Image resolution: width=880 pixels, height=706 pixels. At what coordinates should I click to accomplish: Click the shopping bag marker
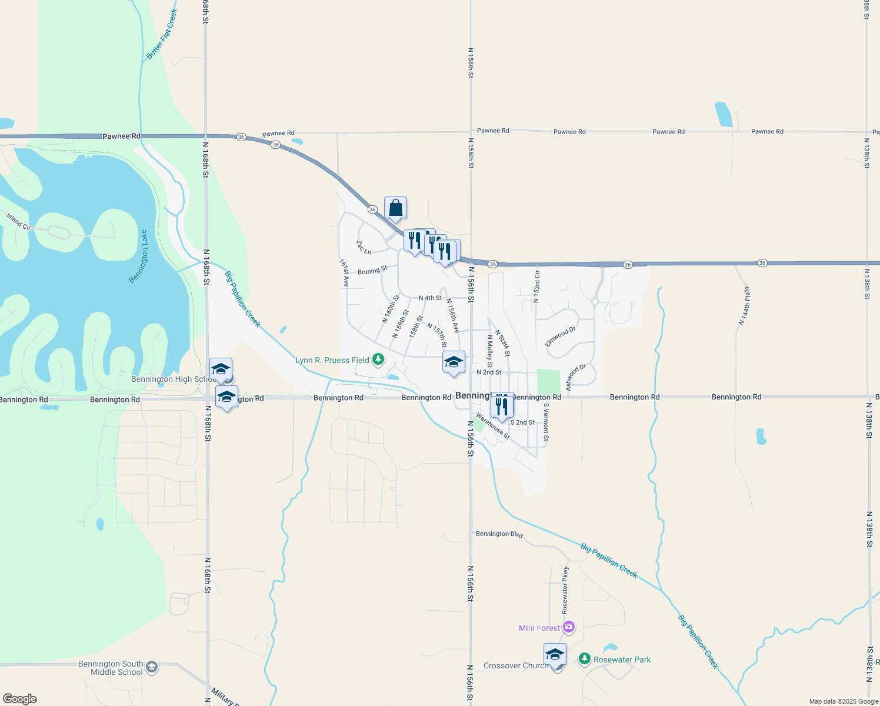pos(396,208)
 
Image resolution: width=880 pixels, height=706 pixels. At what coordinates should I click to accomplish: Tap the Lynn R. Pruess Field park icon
pos(378,359)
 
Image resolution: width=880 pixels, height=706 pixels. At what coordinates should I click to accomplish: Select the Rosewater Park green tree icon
pos(584,658)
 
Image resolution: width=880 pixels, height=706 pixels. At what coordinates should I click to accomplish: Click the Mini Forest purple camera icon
pos(568,627)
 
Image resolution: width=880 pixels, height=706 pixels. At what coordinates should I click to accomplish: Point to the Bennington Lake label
pos(139,257)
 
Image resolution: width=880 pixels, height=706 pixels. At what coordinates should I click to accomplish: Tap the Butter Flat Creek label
pos(162,34)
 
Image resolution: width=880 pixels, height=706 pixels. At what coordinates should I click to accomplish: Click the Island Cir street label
pos(19,221)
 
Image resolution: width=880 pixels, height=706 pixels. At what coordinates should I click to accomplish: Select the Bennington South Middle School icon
pos(151,667)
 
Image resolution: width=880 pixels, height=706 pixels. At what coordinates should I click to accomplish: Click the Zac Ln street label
pos(364,248)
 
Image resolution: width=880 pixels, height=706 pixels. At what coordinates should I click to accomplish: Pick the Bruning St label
pos(372,271)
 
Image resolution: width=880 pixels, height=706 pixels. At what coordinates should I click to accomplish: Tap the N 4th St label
pos(430,298)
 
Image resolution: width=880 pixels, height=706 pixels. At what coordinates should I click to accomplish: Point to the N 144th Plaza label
pos(744,306)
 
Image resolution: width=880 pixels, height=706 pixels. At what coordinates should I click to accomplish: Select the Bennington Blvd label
pos(499,534)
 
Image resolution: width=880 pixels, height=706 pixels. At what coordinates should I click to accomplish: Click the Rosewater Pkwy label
pos(565,590)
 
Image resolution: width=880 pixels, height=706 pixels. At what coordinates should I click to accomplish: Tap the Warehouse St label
pos(493,426)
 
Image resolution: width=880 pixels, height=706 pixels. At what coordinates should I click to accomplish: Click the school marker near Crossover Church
pos(555,655)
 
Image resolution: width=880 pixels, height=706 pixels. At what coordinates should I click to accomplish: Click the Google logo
pos(20,699)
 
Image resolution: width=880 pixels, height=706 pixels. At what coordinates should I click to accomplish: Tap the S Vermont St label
pos(546,421)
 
